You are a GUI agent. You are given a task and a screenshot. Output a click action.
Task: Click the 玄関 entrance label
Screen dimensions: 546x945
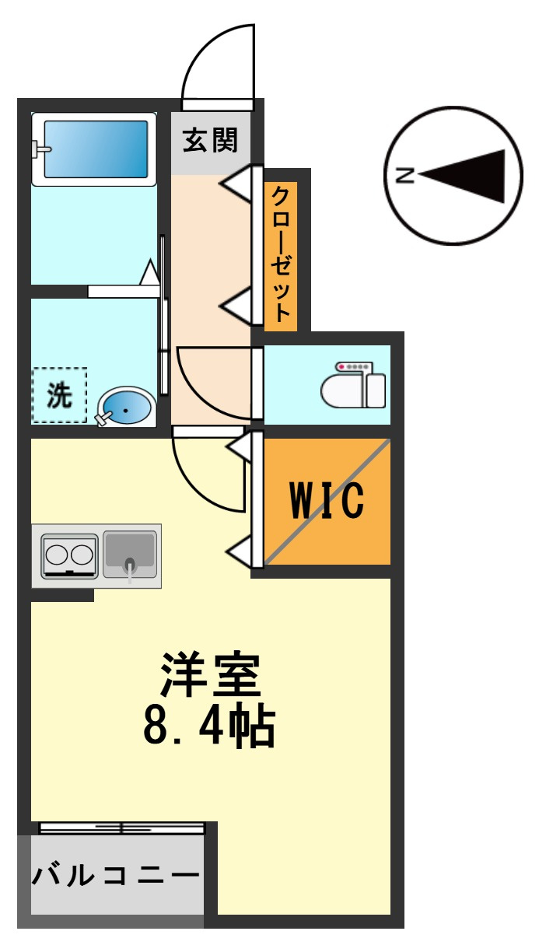tap(210, 140)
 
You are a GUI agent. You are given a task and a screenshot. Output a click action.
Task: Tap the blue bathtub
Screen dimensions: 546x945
tap(96, 149)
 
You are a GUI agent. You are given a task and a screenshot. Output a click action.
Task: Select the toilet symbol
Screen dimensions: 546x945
tap(354, 385)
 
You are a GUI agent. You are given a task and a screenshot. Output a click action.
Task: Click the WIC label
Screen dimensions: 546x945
tap(327, 500)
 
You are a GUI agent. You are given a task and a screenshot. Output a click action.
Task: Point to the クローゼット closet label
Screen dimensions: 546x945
tap(281, 254)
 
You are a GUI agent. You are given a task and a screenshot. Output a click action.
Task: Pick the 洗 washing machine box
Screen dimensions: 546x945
tap(59, 395)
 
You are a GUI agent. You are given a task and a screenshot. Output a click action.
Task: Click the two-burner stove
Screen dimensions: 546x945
tap(70, 555)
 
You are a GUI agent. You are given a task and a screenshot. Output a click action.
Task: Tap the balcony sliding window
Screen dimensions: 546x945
tap(121, 828)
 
